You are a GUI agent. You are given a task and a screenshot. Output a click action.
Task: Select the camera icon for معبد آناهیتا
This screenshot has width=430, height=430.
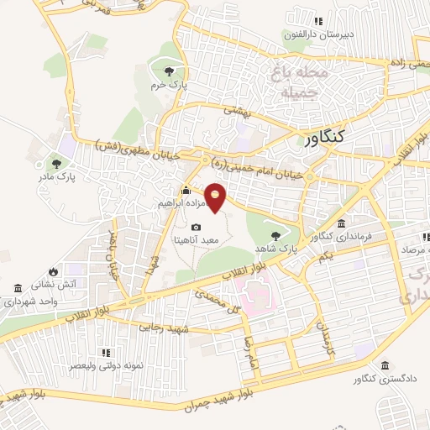(x=196, y=227)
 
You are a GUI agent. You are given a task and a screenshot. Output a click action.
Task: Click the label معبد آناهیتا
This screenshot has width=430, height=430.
(x=196, y=239)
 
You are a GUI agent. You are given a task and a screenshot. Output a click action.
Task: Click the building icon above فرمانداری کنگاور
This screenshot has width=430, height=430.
(x=342, y=223)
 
